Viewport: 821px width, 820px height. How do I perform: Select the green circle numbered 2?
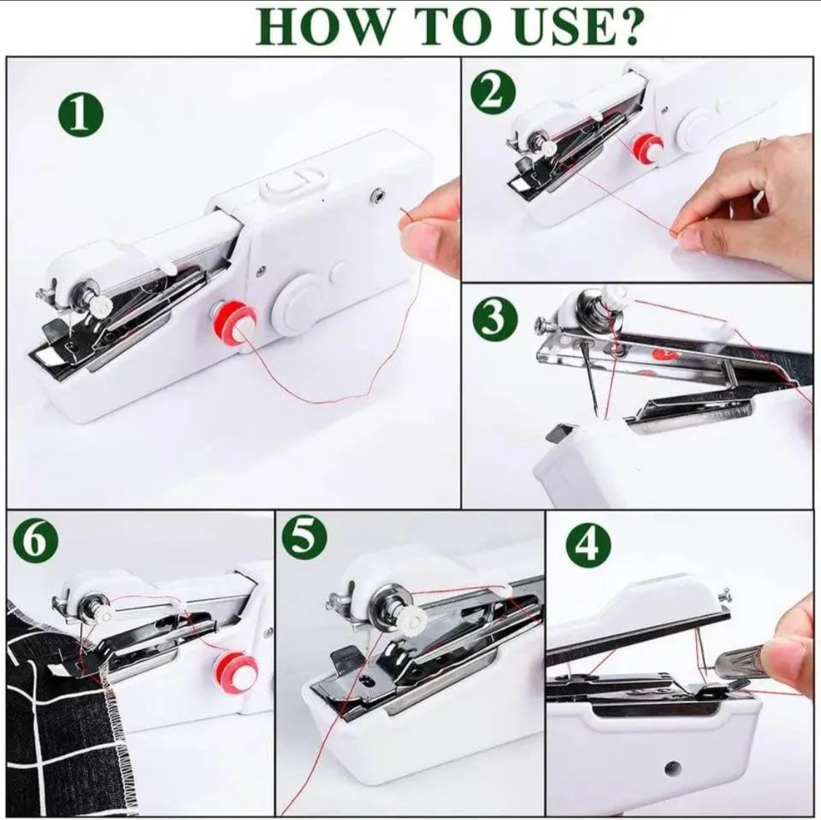pos(493,94)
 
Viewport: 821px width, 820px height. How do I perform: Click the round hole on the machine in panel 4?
pos(674,768)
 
